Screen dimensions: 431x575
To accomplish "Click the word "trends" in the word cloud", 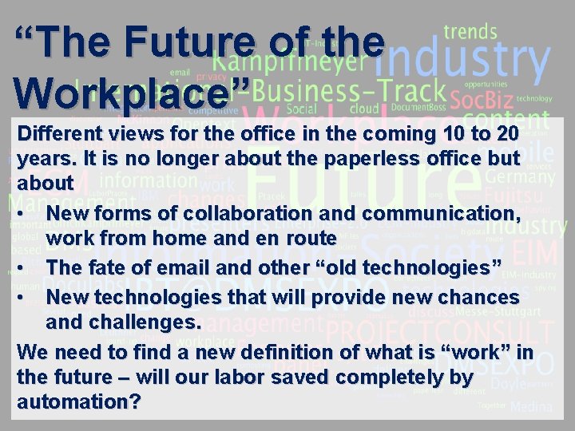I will click(470, 32).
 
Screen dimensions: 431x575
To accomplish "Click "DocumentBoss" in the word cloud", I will click(413, 107).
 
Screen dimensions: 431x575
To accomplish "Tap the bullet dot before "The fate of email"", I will click(18, 266).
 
